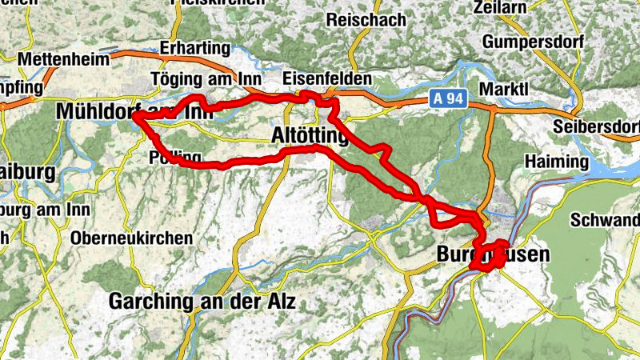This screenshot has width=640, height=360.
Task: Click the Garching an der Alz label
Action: [x=202, y=302]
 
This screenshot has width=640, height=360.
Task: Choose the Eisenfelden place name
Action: [x=328, y=79]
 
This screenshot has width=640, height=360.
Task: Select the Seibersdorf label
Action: [x=596, y=127]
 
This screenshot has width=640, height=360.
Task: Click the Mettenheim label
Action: [x=62, y=59]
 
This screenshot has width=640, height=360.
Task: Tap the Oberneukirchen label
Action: [x=131, y=238]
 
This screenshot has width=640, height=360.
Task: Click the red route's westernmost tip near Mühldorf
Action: [x=134, y=117]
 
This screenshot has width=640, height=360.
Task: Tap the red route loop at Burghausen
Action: [x=489, y=254]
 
